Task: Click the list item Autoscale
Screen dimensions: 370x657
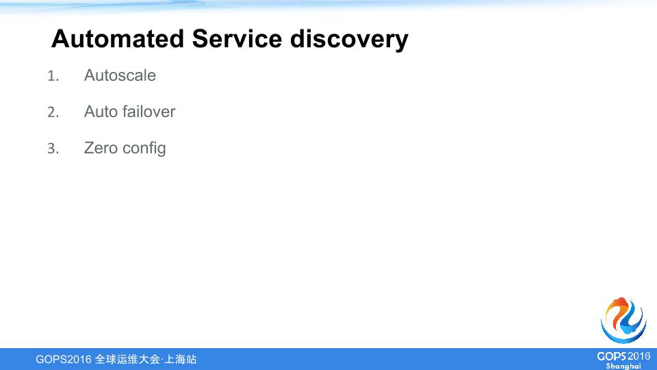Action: tap(120, 75)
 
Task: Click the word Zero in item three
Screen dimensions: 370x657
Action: tap(100, 148)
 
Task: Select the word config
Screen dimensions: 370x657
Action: tap(144, 149)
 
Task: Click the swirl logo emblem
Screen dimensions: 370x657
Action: tap(623, 321)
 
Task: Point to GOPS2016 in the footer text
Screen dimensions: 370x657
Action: tap(63, 359)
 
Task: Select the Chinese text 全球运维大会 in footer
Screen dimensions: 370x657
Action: tap(127, 359)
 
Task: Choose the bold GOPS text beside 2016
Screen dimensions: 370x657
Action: tap(611, 356)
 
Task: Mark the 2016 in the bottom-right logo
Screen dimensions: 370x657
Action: tap(639, 356)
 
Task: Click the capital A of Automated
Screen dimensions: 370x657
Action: tap(60, 39)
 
